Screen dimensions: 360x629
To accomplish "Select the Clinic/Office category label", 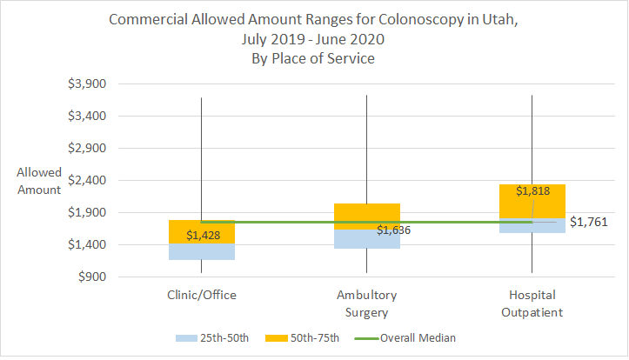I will pyautogui.click(x=202, y=296).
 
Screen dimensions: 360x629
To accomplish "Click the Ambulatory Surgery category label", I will pyautogui.click(x=366, y=303).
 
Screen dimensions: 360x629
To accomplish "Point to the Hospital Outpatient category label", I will pyautogui.click(x=532, y=303).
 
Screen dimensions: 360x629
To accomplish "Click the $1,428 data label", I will pyautogui.click(x=202, y=236).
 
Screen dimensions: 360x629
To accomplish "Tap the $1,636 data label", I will pyautogui.click(x=393, y=230).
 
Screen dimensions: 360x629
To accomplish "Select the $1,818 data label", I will pyautogui.click(x=532, y=191).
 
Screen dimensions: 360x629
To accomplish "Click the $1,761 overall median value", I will pyautogui.click(x=587, y=223).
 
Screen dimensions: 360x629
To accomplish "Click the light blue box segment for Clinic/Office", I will pyautogui.click(x=202, y=251).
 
